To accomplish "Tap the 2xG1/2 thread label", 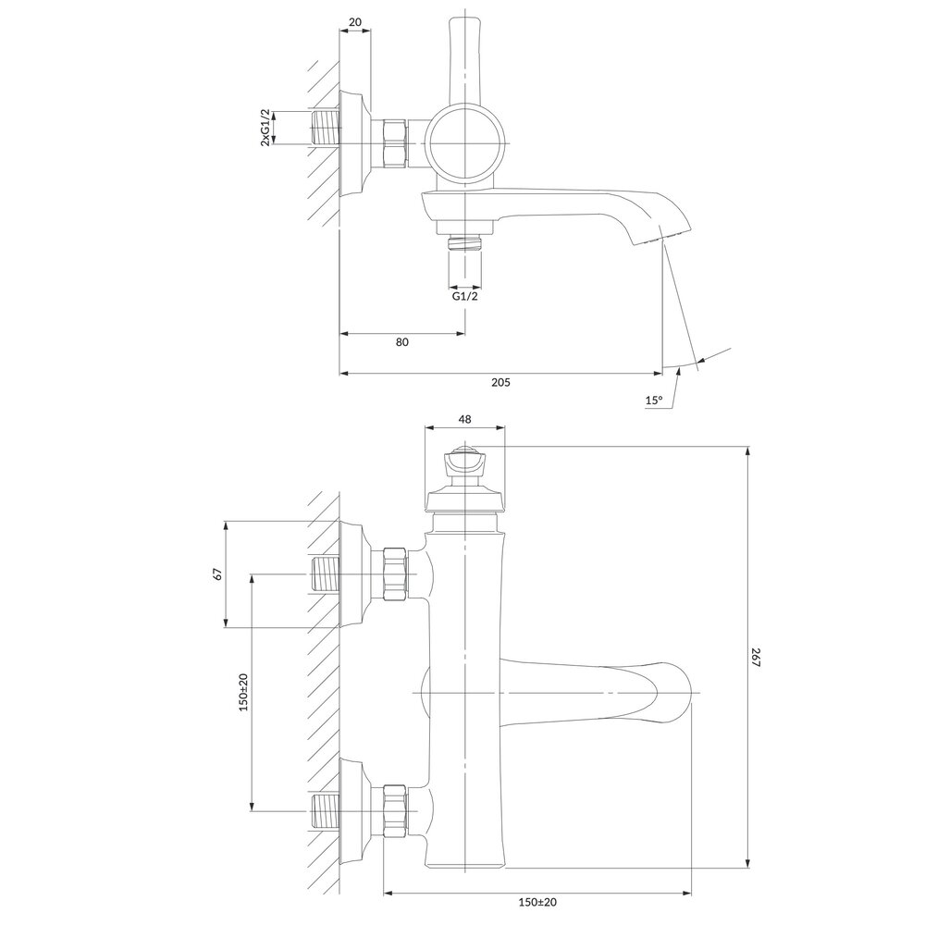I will (x=265, y=127).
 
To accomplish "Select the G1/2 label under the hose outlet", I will (x=465, y=296).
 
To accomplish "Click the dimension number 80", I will (x=402, y=342).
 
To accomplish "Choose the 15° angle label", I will (x=654, y=401).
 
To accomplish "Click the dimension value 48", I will (x=464, y=419).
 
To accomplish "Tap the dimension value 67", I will (x=217, y=573).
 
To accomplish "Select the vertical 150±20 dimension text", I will (x=243, y=691).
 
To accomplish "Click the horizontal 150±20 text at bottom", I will (x=538, y=902).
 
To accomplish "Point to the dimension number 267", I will (x=756, y=658).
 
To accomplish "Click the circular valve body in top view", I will (x=468, y=142).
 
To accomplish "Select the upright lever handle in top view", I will (x=464, y=55).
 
